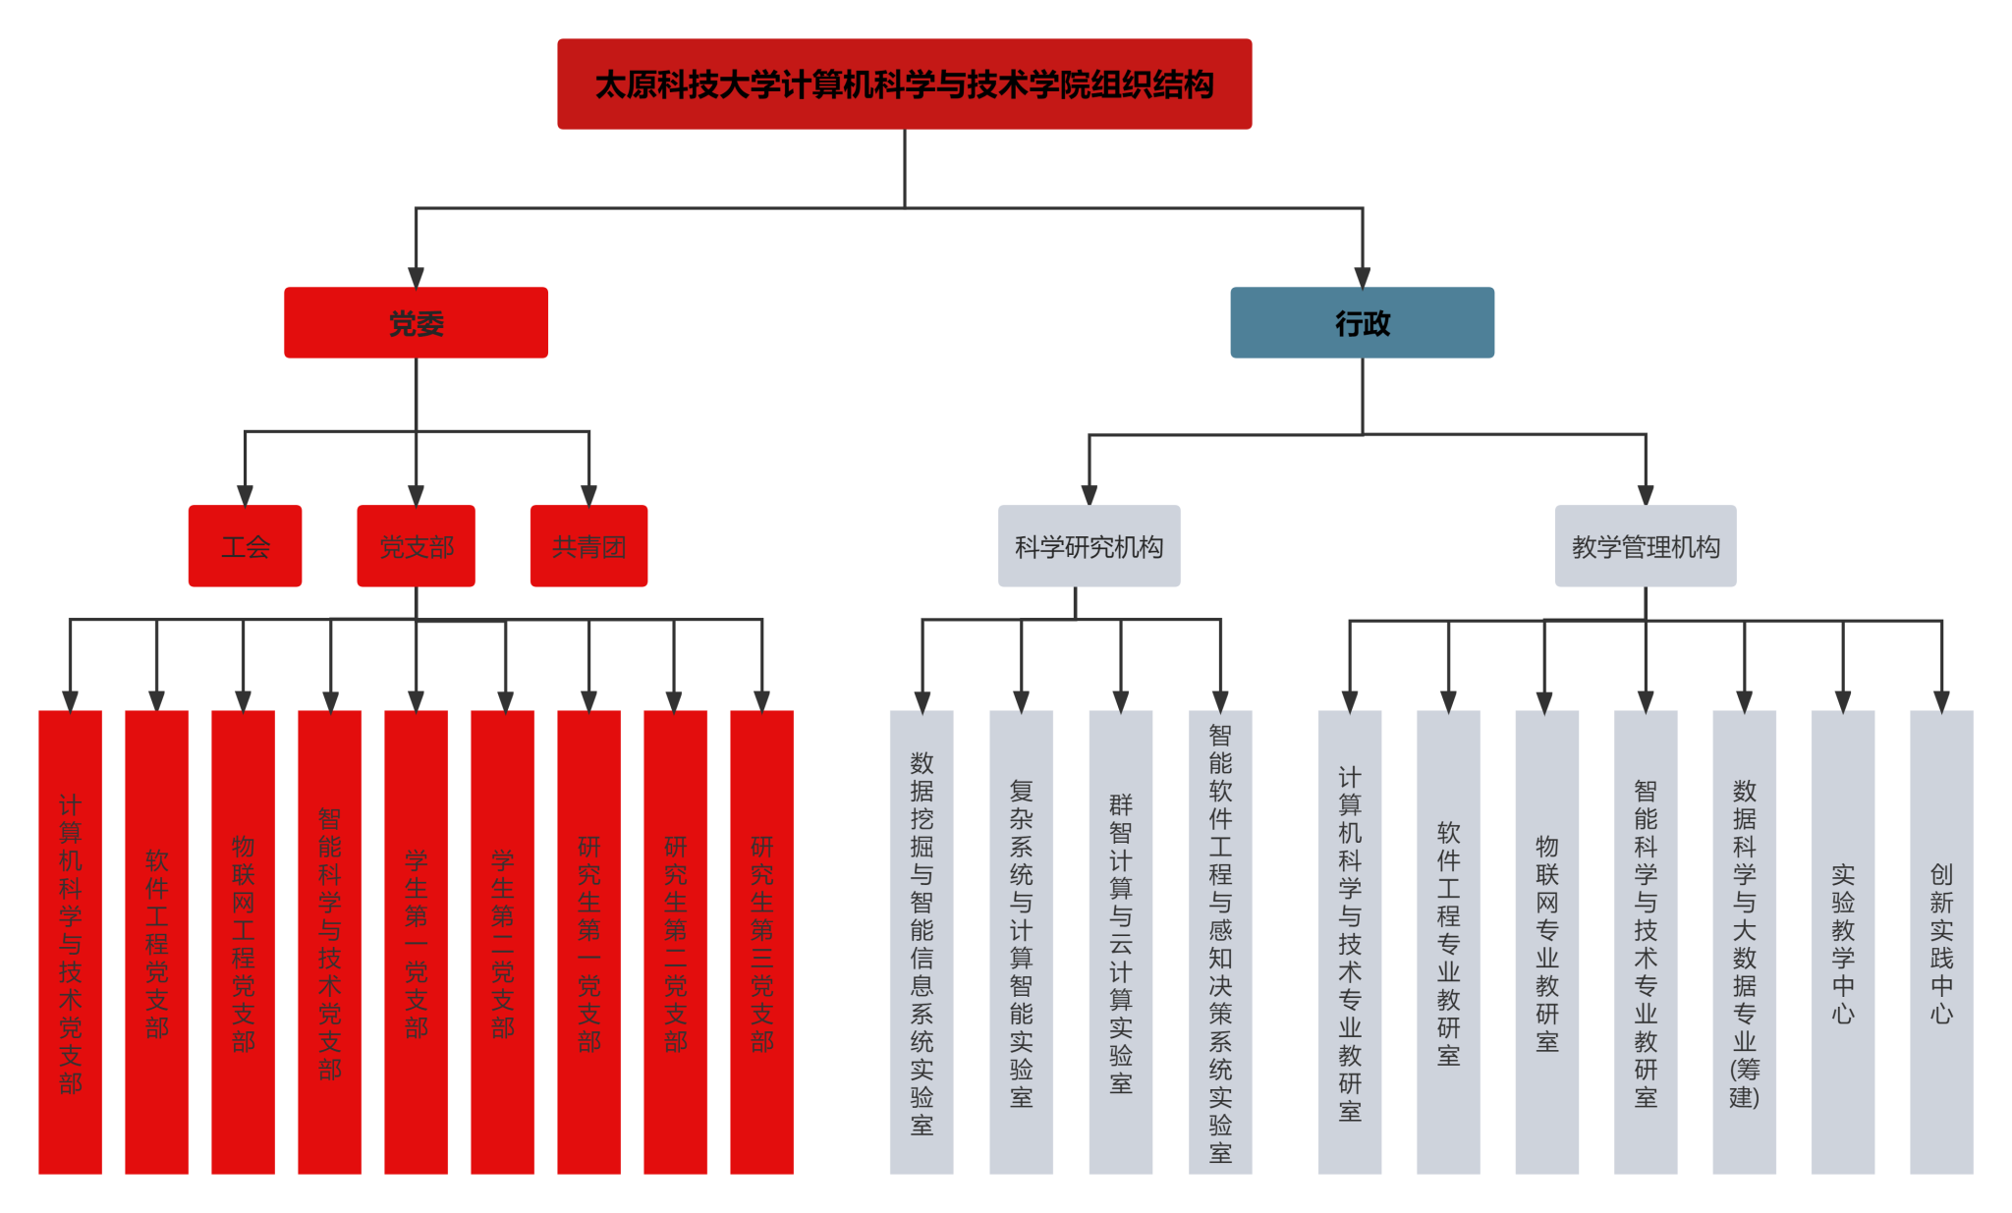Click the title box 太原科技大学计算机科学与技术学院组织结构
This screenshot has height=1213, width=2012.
(x=904, y=84)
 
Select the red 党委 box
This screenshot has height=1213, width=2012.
(x=416, y=323)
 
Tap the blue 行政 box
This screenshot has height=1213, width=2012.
(x=1362, y=323)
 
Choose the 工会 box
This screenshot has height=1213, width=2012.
(x=245, y=546)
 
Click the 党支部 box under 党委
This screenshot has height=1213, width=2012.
(x=416, y=546)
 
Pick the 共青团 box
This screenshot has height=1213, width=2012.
(x=588, y=546)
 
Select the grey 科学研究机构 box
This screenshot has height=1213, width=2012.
(x=1089, y=546)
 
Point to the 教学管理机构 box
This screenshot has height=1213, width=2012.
(x=1645, y=546)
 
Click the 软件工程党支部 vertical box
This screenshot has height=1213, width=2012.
(x=156, y=941)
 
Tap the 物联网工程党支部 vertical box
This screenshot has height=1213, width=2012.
(x=243, y=941)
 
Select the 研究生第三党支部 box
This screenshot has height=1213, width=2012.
(x=761, y=941)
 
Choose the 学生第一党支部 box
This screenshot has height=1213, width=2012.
(x=416, y=941)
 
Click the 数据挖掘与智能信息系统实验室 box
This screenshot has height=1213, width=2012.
(x=922, y=941)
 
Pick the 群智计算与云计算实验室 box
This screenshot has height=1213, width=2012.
(x=1120, y=941)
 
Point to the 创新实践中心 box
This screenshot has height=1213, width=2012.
(x=1940, y=941)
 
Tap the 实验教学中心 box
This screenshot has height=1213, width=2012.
(x=1842, y=941)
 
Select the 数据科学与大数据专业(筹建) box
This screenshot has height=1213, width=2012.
(x=1744, y=941)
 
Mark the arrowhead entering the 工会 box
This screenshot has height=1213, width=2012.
(x=245, y=495)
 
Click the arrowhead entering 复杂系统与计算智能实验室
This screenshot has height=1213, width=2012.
(x=1021, y=701)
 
